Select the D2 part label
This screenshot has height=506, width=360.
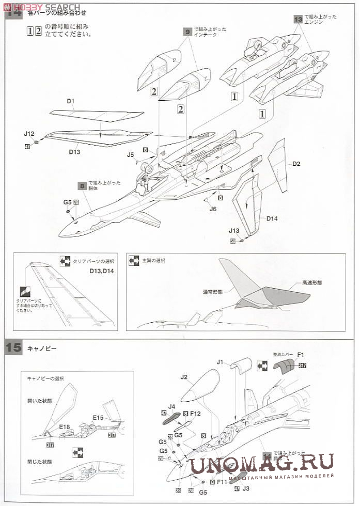point(296,164)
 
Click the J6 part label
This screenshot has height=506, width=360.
point(213,209)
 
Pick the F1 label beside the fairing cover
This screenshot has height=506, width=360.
point(301,355)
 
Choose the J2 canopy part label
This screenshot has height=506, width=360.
point(185,377)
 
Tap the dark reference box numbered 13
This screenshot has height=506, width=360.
point(298,19)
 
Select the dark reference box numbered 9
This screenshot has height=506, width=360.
point(187,31)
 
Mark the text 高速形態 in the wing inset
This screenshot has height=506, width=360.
point(312,283)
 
